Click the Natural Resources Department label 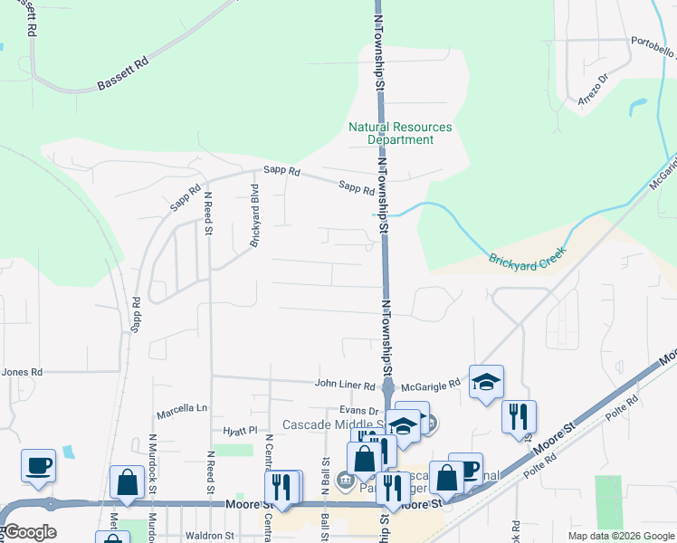400,134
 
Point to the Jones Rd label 22,372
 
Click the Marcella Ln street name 181,409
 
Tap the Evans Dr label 358,411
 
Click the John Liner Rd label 343,384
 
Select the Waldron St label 210,536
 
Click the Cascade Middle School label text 334,424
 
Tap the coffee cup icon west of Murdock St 38,466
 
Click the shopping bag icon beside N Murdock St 128,483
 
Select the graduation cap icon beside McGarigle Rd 486,382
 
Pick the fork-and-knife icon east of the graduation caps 519,417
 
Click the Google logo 30,532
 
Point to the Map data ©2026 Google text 620,536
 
